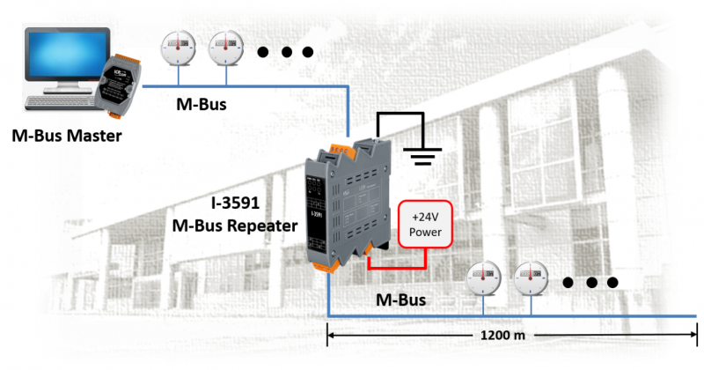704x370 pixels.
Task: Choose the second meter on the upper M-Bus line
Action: (x=226, y=48)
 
